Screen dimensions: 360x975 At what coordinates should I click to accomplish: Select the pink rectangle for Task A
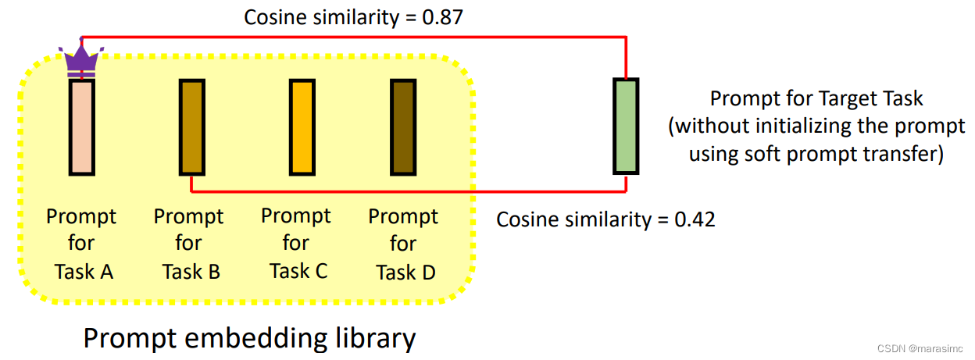tap(81, 127)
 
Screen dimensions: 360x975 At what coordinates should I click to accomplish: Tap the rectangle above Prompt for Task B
tap(192, 127)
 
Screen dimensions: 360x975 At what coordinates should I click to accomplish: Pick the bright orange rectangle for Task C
tap(301, 127)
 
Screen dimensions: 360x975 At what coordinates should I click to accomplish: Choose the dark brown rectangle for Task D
tap(402, 127)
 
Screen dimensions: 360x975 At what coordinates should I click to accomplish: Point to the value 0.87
tap(444, 17)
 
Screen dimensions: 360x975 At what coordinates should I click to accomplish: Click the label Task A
tap(84, 271)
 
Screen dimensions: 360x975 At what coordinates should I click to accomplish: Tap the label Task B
tap(191, 271)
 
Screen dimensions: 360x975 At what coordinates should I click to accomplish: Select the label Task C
tap(298, 271)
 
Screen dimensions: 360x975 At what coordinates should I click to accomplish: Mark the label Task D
tap(405, 272)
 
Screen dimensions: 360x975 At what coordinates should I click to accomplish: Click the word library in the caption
tap(373, 338)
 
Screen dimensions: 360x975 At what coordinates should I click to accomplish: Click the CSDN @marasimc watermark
tap(920, 348)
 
